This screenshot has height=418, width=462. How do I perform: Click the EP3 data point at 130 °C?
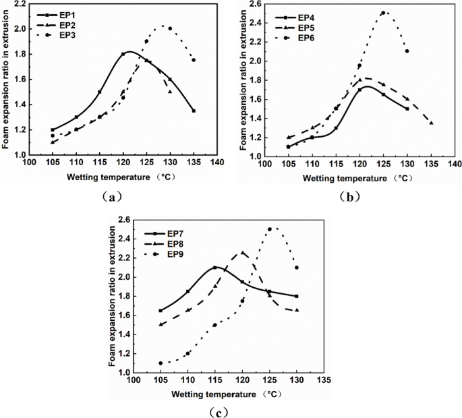point(170,28)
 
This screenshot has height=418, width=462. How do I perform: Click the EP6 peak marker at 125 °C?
point(383,13)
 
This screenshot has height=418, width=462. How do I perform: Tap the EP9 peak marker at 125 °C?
point(270,229)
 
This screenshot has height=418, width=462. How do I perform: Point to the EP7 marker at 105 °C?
point(161,310)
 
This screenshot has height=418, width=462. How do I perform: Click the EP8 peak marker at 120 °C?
point(243,253)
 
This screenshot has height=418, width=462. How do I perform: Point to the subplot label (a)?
point(112,197)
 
